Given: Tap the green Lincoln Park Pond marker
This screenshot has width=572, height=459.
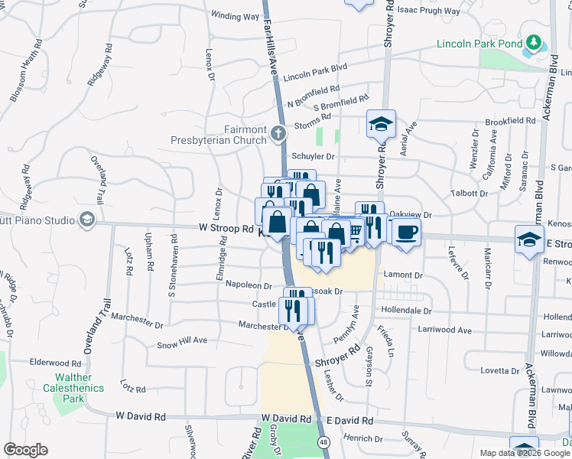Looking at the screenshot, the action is pos(533,43).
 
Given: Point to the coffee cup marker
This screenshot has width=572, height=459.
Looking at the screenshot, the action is pos(405,230).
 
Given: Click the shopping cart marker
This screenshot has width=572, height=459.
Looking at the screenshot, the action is pos(353,231).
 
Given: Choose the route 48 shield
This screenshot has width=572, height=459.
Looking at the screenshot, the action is pos(325,441).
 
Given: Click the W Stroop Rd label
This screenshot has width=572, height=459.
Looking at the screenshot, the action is pos(226,228).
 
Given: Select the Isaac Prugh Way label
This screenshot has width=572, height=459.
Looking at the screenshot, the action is pos(430,11).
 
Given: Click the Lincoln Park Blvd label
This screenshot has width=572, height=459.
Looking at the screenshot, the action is pos(315,73).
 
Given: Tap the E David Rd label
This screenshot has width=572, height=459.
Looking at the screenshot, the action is pos(349,421).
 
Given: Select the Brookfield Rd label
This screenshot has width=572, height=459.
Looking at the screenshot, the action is pos(510,121).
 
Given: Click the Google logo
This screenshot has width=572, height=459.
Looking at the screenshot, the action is pos(25,450).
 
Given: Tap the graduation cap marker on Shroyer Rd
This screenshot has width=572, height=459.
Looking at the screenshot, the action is pos(380,122).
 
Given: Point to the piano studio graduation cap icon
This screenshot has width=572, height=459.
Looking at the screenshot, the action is pos(86,220).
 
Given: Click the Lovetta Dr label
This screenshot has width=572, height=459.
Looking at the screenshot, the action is pos(500,370).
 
